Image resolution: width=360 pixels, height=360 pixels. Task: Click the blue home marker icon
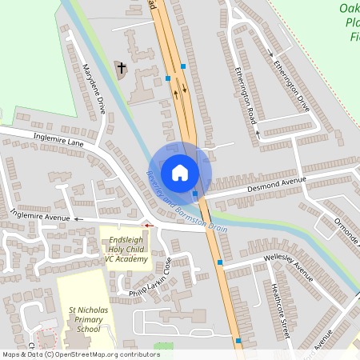pyautogui.click(x=180, y=172)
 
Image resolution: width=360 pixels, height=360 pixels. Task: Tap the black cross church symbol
pyautogui.click(x=122, y=68)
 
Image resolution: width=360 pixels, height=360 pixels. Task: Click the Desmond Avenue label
pyautogui.click(x=277, y=182)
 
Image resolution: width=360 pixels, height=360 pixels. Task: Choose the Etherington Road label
pyautogui.click(x=246, y=102)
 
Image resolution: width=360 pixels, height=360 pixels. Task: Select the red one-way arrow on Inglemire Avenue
pyautogui.click(x=147, y=226)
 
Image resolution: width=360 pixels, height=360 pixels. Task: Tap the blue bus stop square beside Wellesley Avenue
pyautogui.click(x=219, y=262)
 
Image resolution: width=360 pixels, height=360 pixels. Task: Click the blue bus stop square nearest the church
pyautogui.click(x=168, y=78)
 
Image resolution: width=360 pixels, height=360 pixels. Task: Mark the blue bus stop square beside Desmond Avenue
pyautogui.click(x=195, y=194)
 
